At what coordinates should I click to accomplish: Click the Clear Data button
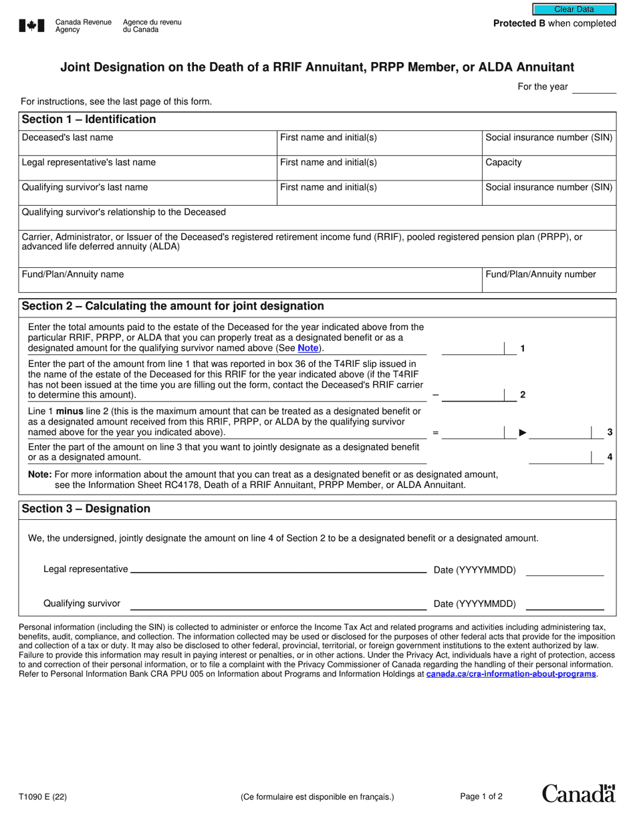pos(574,9)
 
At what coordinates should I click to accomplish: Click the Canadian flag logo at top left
pos(31,26)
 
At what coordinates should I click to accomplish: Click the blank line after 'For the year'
pos(594,88)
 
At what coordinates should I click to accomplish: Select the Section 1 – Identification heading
pos(89,120)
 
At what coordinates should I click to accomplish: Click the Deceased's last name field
pos(147,143)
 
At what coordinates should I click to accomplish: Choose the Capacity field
pos(548,168)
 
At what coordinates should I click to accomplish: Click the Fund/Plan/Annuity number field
pos(548,280)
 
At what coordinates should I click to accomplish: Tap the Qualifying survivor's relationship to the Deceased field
pos(317,218)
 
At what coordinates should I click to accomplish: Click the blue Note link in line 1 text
pos(308,348)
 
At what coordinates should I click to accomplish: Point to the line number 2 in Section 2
pos(523,395)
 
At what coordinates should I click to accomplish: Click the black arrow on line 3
pos(523,433)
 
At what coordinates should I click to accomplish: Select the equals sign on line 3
pos(435,433)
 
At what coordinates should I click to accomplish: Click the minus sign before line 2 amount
pos(435,395)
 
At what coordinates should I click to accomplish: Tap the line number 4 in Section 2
pos(610,458)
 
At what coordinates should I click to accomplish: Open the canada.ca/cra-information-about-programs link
pos(511,674)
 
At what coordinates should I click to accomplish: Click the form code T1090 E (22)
pos(43,797)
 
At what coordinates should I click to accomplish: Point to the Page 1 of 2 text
pos(481,797)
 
